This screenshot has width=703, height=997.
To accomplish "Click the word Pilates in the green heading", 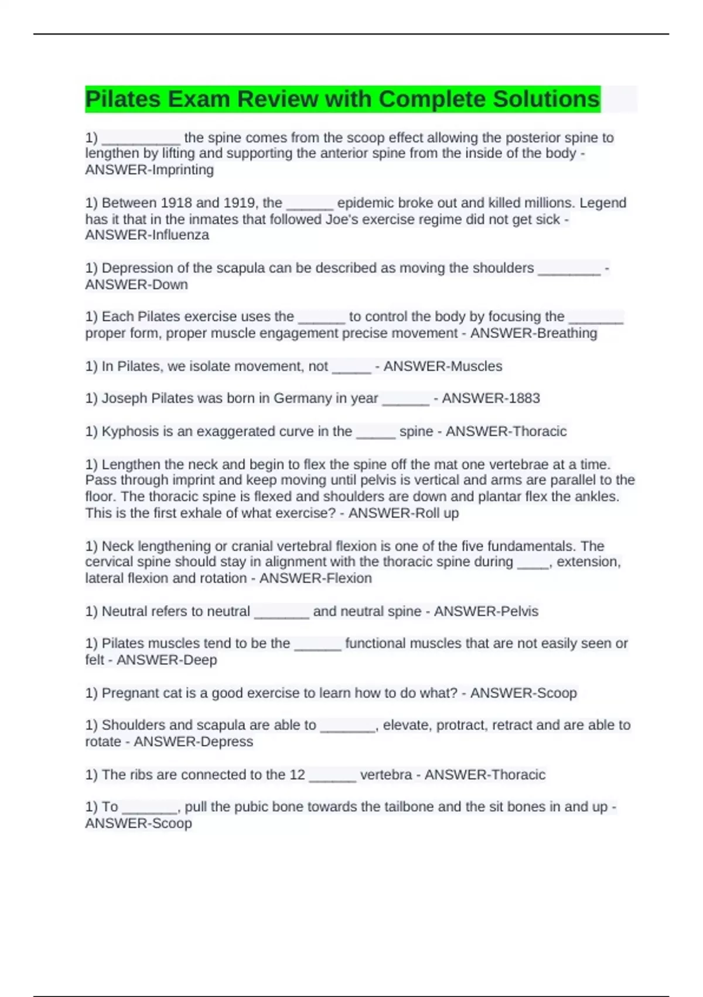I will (x=122, y=99).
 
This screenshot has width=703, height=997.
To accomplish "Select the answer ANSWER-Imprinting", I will (x=149, y=170).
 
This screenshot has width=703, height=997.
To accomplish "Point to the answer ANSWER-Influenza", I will (x=147, y=235).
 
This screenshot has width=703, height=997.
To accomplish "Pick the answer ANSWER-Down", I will (x=136, y=284).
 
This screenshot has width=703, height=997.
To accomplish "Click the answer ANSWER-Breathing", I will (x=534, y=333).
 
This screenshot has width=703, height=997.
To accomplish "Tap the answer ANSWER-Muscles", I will (x=443, y=366).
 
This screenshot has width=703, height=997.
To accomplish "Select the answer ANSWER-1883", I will (x=491, y=398).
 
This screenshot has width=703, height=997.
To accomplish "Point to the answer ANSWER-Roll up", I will (x=404, y=513).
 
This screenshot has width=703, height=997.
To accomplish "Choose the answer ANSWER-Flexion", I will (x=316, y=578).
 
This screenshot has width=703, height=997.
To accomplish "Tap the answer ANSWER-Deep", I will (x=167, y=660).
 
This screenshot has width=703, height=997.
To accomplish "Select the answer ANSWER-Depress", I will (x=193, y=741).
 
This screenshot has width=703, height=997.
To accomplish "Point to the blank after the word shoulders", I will (x=569, y=269).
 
